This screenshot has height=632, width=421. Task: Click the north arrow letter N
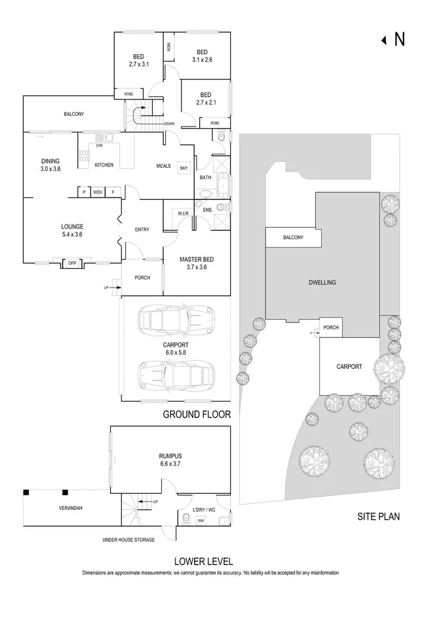(x=400, y=40)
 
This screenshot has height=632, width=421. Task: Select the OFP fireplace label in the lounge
(x=72, y=263)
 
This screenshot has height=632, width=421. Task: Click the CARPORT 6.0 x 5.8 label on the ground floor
(x=176, y=349)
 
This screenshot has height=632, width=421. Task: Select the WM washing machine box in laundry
(x=200, y=521)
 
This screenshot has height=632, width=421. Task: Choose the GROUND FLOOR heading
(x=196, y=415)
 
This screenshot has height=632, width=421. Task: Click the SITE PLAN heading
(x=379, y=517)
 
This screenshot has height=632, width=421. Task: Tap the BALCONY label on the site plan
(x=293, y=237)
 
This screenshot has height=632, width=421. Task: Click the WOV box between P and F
(x=98, y=192)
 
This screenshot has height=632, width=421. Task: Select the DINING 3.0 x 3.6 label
(x=51, y=165)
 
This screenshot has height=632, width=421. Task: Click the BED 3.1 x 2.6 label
(x=202, y=56)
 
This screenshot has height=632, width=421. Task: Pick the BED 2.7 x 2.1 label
(x=206, y=98)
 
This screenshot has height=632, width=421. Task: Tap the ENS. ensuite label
(x=207, y=210)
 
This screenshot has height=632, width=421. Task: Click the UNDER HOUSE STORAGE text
(x=128, y=540)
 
